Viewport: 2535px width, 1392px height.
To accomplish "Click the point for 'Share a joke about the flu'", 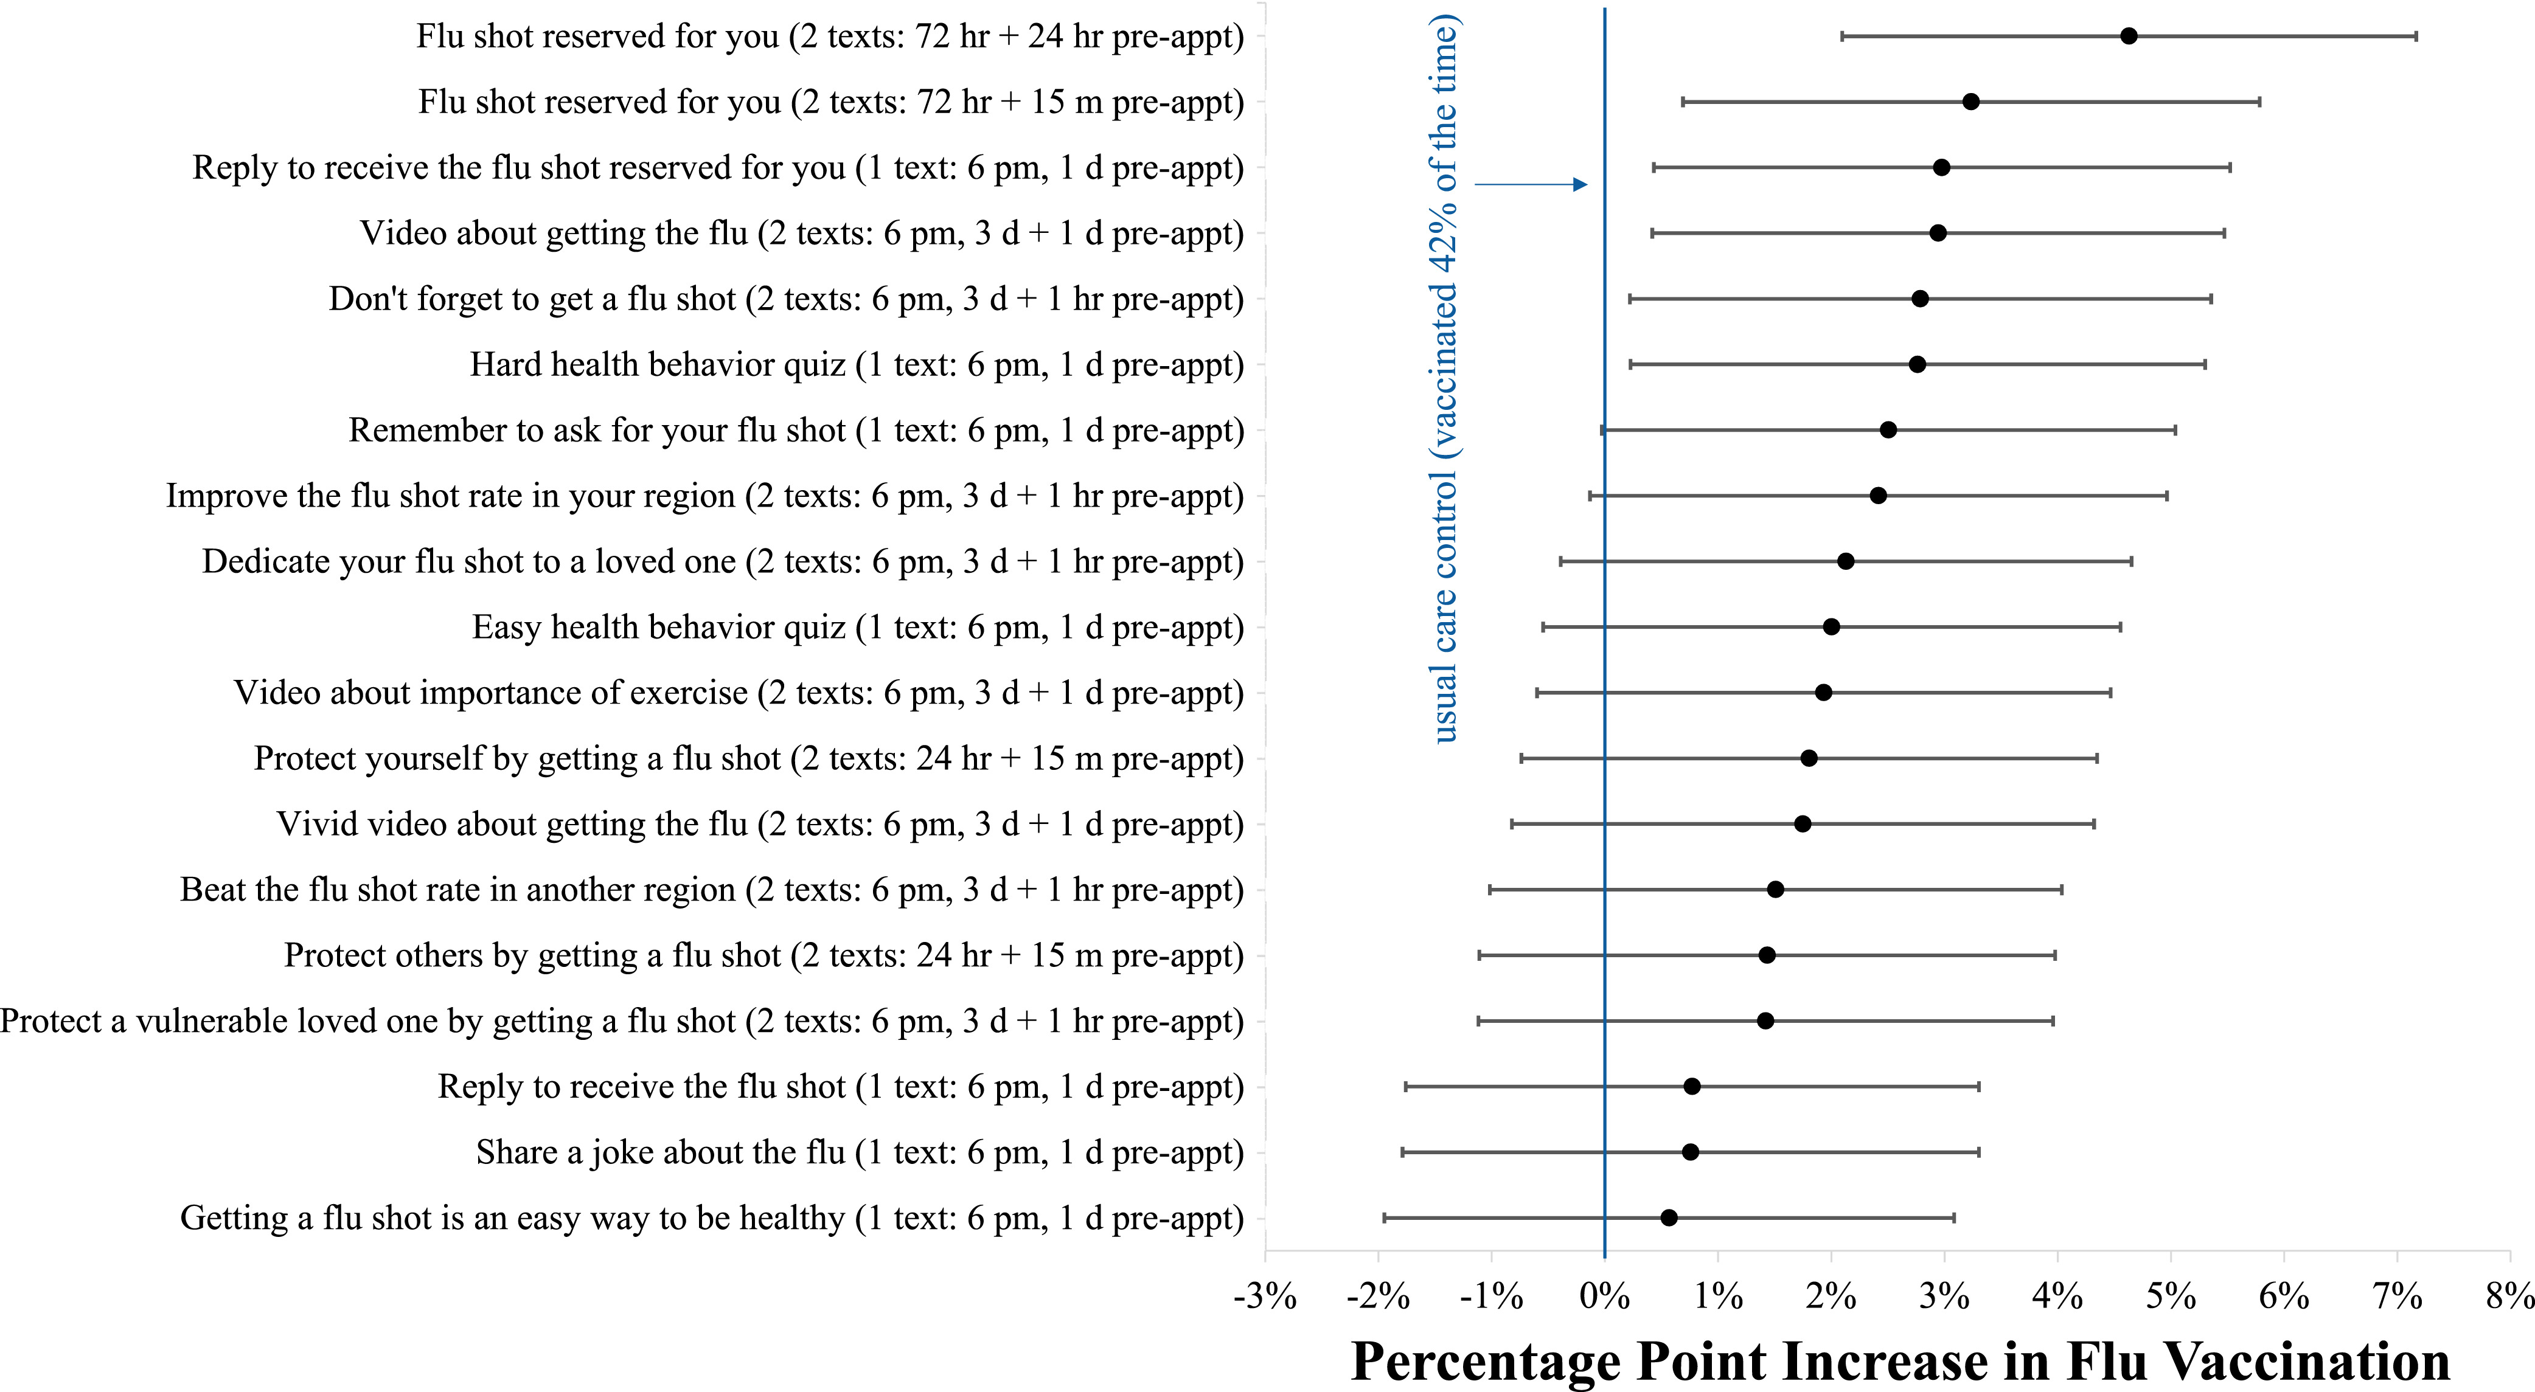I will pyautogui.click(x=1691, y=1152).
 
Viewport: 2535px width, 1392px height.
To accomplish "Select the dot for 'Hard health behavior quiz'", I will pyautogui.click(x=1917, y=364).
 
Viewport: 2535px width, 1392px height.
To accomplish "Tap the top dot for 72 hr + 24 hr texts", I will pyautogui.click(x=2129, y=36).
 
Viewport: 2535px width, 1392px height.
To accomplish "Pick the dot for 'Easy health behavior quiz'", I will pyautogui.click(x=1831, y=626).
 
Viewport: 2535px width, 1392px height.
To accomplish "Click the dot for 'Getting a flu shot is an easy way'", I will pyautogui.click(x=1669, y=1218).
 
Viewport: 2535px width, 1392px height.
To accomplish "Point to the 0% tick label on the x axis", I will pyautogui.click(x=1604, y=1297).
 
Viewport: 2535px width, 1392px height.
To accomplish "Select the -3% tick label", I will pyautogui.click(x=1265, y=1297).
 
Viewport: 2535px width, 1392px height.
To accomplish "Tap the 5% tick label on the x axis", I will pyautogui.click(x=2170, y=1297).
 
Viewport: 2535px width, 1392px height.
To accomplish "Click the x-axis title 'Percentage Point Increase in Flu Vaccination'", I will pyautogui.click(x=1900, y=1362).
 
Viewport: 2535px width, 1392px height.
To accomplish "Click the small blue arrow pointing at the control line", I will pyautogui.click(x=1530, y=184).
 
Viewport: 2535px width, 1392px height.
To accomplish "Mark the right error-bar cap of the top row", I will pyautogui.click(x=2416, y=36).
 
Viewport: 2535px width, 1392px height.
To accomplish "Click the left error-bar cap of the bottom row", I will pyautogui.click(x=1385, y=1218).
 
